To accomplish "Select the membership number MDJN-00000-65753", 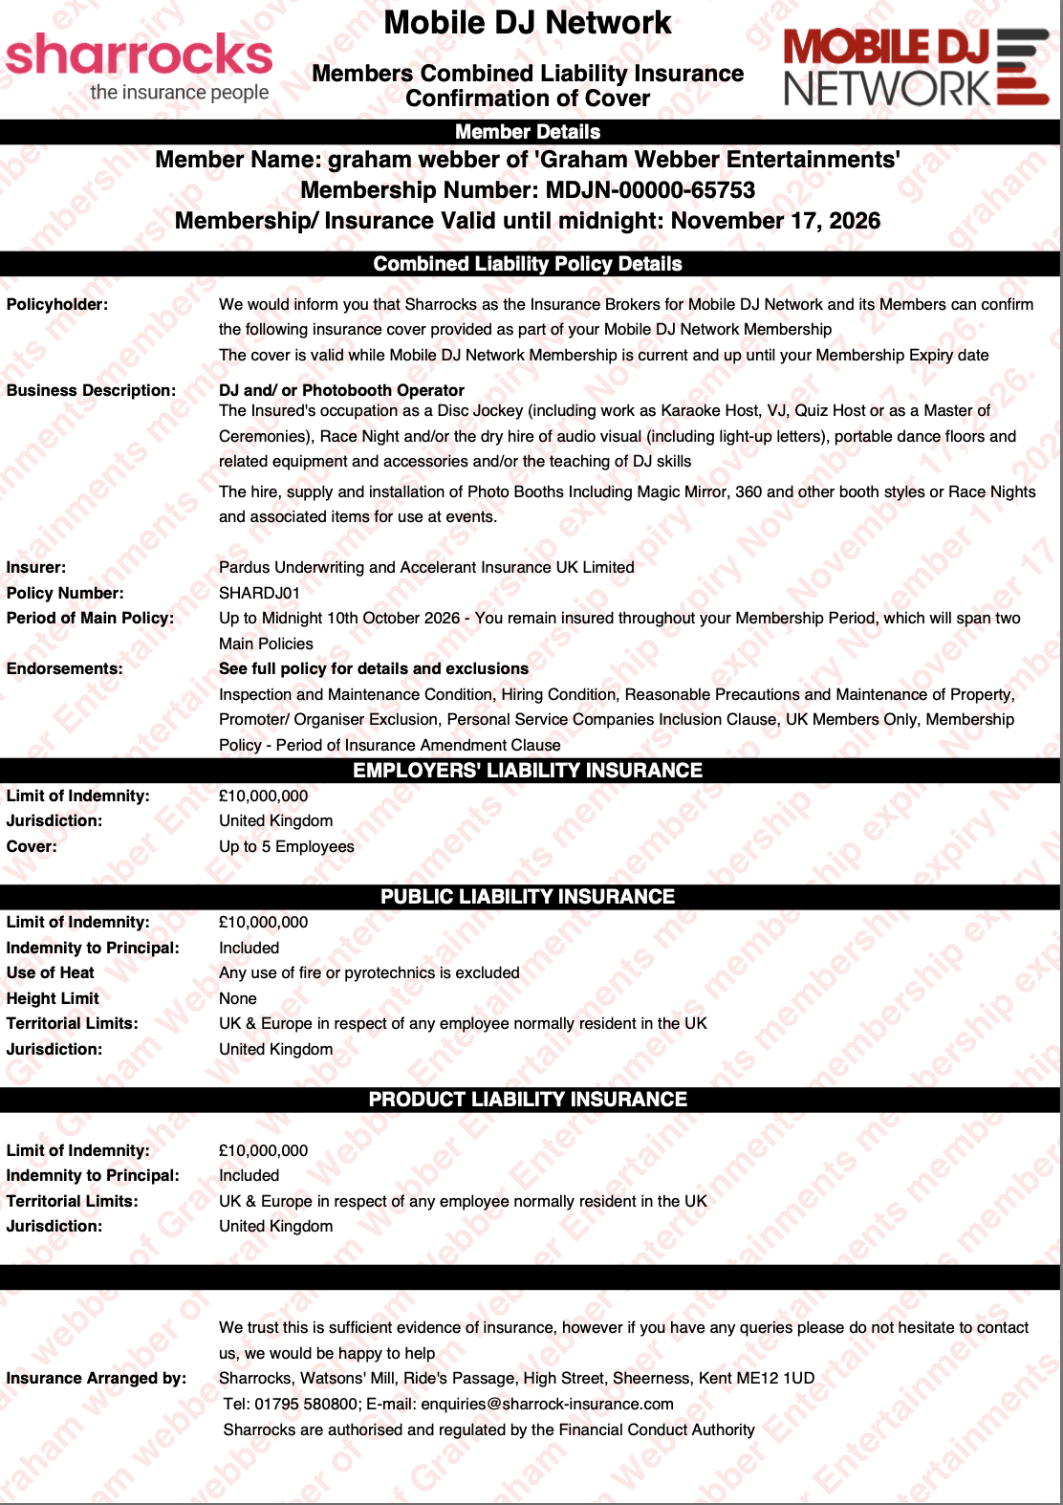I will coord(650,190).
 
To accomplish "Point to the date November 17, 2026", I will coord(775,221).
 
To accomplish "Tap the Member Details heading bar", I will coord(528,132).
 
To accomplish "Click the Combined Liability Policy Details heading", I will coord(528,264).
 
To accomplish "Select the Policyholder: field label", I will coord(57,304).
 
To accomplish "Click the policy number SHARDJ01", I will coord(259,593).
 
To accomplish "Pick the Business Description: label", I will coord(91,390).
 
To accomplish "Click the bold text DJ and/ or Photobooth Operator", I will coord(341,390).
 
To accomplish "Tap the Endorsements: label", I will coord(64,668).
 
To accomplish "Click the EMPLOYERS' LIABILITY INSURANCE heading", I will coord(528,771).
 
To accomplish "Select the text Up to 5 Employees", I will coord(286,846).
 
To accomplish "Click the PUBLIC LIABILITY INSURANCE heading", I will coord(528,897).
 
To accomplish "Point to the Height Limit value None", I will coord(238,998).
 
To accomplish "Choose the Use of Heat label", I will coord(51,972).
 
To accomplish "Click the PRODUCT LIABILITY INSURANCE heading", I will coord(528,1100).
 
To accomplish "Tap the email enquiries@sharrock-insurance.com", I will coord(547,1404).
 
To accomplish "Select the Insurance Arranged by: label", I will coord(96,1378).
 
